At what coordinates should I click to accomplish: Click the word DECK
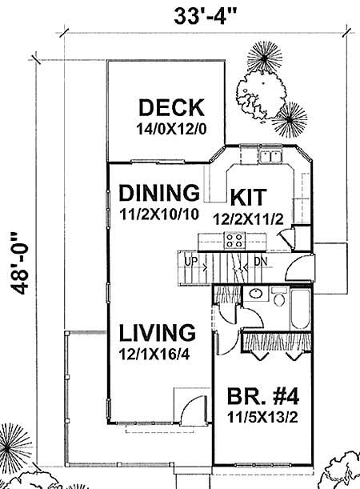click(x=171, y=108)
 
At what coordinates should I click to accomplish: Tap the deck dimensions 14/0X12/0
click(x=170, y=127)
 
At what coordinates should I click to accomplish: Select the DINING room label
click(x=158, y=193)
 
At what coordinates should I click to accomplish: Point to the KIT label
click(x=249, y=197)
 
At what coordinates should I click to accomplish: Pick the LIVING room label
click(x=156, y=331)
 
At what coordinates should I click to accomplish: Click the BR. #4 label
click(x=259, y=396)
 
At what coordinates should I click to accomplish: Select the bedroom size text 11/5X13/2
click(x=259, y=417)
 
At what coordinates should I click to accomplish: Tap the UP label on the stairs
click(x=190, y=261)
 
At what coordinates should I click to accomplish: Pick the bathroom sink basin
click(x=254, y=294)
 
